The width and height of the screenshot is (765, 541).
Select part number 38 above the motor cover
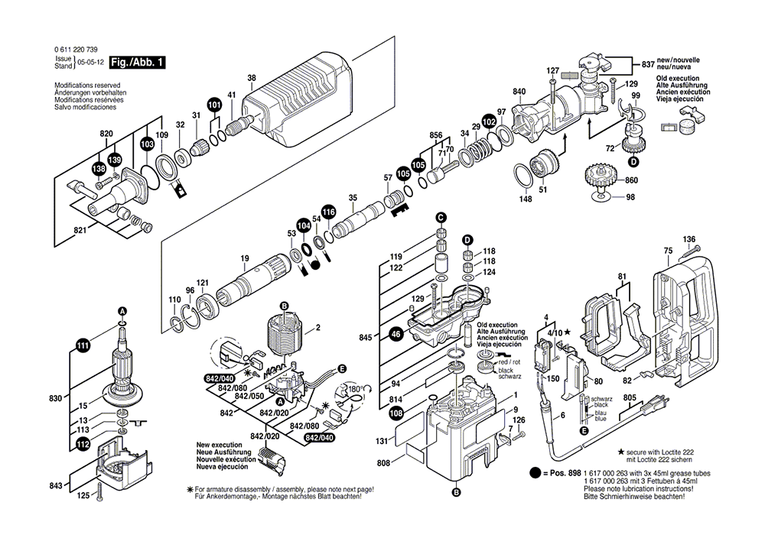pos(252,78)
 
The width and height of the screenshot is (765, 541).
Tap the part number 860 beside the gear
pos(630,180)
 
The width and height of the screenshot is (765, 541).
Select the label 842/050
pos(246,396)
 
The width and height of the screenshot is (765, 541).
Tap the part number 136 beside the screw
pos(689,238)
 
